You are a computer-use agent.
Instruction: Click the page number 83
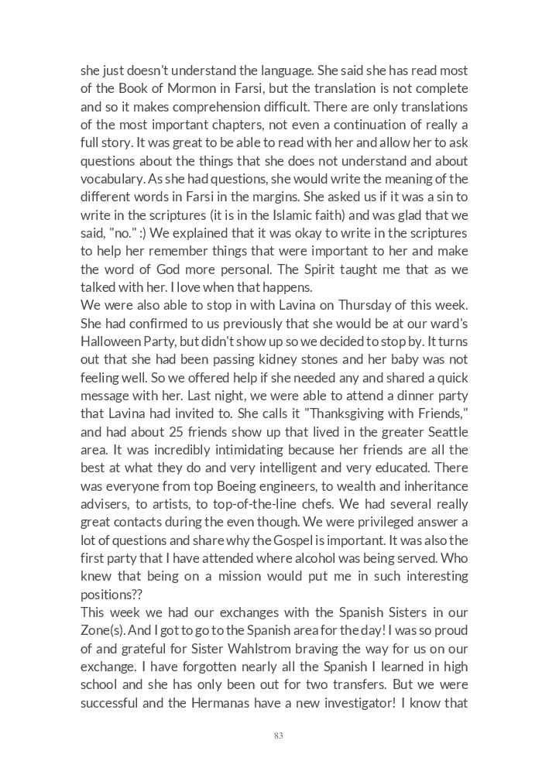point(278,735)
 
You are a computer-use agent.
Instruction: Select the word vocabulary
point(110,179)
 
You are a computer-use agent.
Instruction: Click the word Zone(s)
point(103,630)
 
